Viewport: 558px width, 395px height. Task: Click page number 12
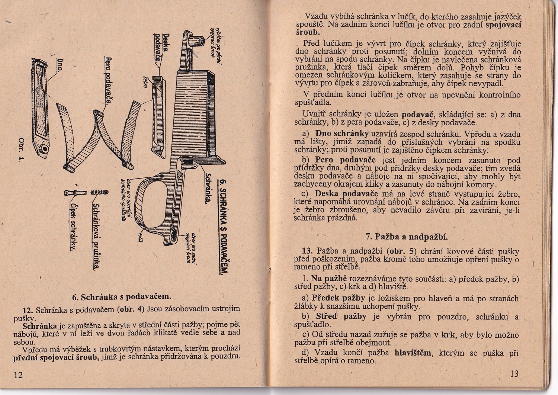[x=18, y=375]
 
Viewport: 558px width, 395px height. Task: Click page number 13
[x=514, y=374]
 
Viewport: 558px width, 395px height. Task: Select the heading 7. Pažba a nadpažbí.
[x=407, y=237]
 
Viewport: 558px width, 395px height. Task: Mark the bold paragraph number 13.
[x=309, y=251]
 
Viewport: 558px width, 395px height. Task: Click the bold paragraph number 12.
[x=29, y=309]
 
